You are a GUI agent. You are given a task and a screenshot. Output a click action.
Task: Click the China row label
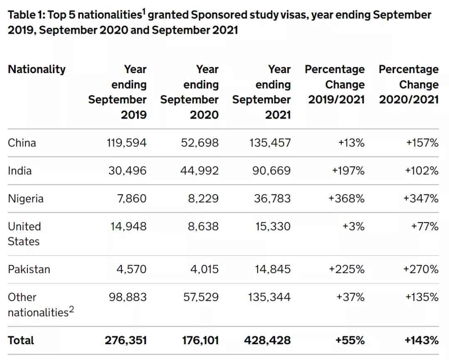(22, 143)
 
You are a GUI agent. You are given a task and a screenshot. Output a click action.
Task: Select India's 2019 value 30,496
(128, 171)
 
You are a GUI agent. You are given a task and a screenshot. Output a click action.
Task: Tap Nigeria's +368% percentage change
(346, 199)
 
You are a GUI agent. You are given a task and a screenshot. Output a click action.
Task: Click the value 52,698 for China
(200, 143)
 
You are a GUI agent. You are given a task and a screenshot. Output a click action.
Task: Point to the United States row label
(25, 234)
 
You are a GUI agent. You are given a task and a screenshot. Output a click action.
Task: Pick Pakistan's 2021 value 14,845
(273, 269)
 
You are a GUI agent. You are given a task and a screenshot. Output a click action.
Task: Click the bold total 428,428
(267, 340)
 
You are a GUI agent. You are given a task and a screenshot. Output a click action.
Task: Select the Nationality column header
(37, 70)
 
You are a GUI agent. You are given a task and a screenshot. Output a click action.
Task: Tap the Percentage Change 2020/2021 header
(409, 84)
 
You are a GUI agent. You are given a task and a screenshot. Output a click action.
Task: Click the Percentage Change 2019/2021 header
(335, 84)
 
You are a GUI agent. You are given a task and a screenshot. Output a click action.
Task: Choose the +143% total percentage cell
(422, 340)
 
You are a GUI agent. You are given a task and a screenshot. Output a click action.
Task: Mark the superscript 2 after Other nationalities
(72, 309)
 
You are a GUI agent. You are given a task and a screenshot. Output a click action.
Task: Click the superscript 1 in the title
(144, 12)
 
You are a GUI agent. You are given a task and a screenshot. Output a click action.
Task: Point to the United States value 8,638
(203, 226)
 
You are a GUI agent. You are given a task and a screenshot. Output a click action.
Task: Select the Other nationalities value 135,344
(269, 297)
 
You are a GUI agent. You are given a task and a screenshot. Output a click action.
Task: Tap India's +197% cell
(348, 171)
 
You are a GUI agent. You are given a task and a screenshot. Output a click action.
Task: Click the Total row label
(21, 340)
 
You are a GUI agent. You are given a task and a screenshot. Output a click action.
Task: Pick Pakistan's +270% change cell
(421, 269)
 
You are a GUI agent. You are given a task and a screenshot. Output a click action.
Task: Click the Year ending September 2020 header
(190, 92)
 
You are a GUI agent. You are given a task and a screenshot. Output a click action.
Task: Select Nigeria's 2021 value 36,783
(272, 199)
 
